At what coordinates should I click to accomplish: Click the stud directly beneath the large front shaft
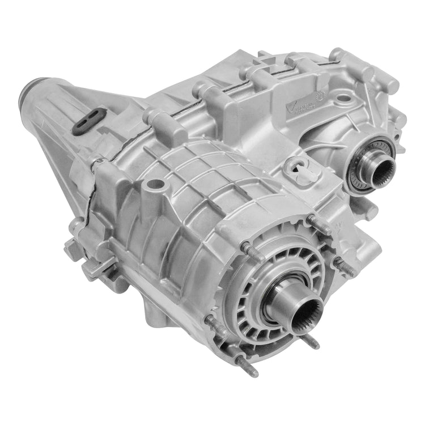coord(310,341)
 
